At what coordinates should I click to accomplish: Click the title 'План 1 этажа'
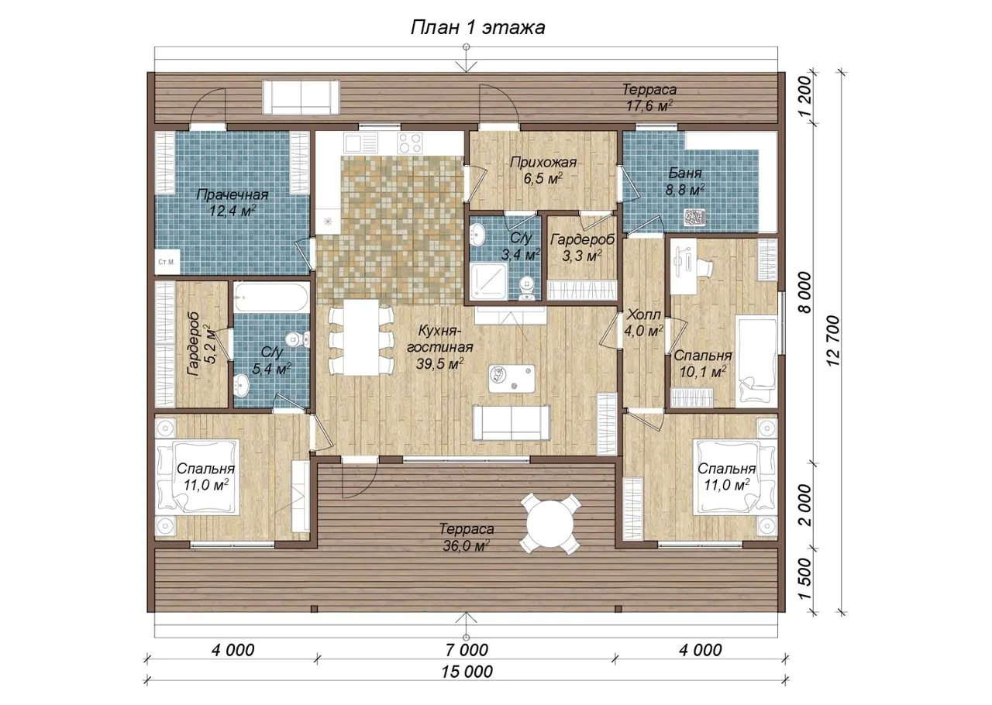click(x=478, y=27)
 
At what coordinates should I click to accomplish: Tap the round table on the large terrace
click(x=549, y=524)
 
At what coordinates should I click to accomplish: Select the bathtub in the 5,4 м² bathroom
click(x=271, y=297)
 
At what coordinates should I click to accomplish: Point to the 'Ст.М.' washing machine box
click(x=167, y=262)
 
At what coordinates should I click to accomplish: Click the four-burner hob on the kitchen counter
click(x=410, y=143)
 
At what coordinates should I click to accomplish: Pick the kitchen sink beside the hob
click(x=361, y=143)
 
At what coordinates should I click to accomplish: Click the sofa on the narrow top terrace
click(x=301, y=98)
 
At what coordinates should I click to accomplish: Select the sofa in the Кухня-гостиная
click(x=511, y=422)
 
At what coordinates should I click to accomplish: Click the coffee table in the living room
click(x=511, y=379)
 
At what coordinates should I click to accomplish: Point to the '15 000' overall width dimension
click(x=467, y=672)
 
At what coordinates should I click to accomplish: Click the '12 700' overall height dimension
click(x=832, y=341)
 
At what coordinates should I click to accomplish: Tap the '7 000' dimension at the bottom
click(x=467, y=650)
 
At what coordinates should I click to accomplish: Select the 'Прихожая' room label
click(x=543, y=163)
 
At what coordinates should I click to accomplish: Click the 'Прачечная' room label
click(x=232, y=195)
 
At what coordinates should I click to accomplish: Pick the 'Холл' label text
click(x=644, y=315)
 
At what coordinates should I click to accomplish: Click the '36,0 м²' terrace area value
click(x=466, y=546)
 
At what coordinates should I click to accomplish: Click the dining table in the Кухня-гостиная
click(x=361, y=338)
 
